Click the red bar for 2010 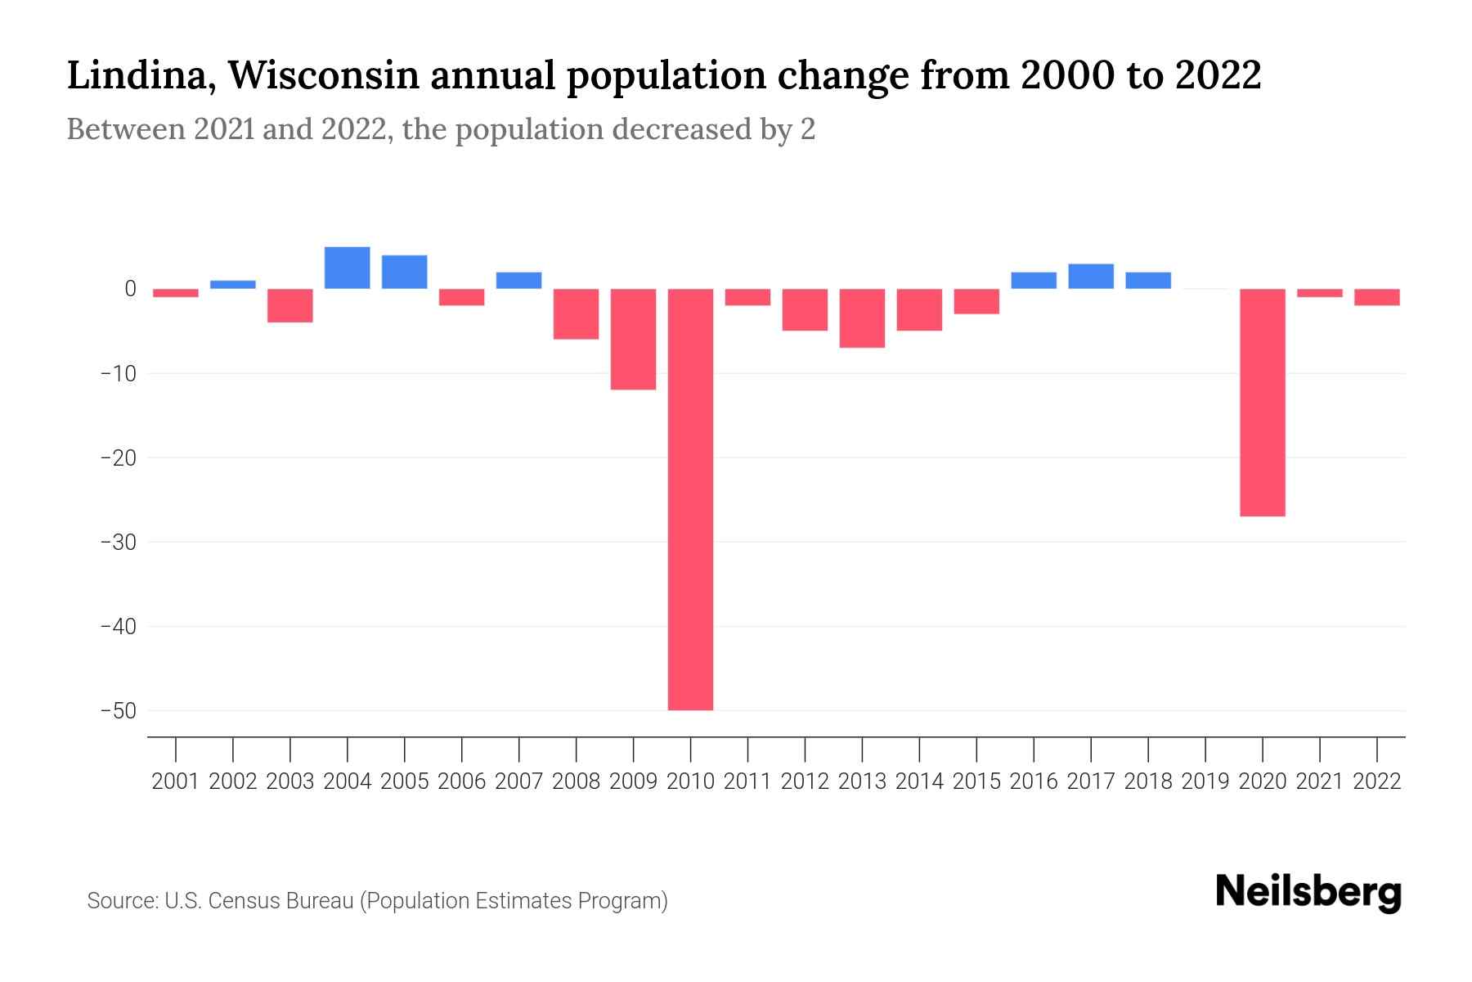click(690, 499)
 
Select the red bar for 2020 click(1262, 402)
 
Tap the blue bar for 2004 click(348, 268)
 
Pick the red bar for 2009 click(633, 339)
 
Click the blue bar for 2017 click(1091, 277)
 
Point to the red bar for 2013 click(862, 318)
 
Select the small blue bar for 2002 click(233, 285)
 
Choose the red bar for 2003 click(290, 305)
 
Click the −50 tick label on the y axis click(118, 710)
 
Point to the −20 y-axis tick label click(118, 457)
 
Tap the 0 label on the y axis click(130, 288)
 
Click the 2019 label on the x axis click(1205, 782)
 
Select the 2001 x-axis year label click(176, 782)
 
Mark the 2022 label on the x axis click(1377, 782)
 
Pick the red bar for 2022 click(1377, 297)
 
